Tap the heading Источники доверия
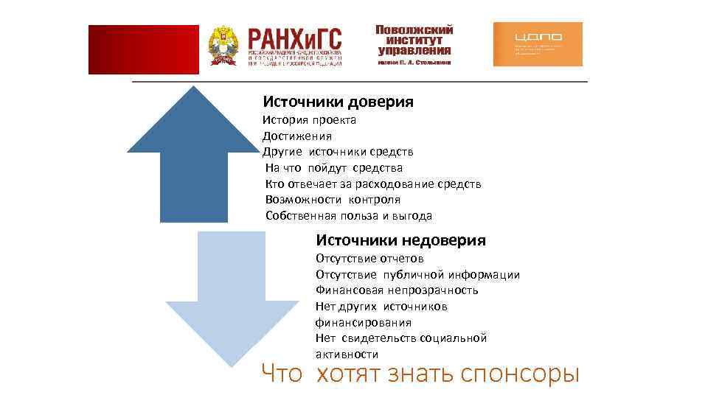(x=338, y=101)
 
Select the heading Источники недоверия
(x=400, y=240)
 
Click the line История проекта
(x=309, y=119)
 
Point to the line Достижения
(x=297, y=136)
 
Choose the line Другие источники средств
(x=338, y=152)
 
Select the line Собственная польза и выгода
(x=348, y=216)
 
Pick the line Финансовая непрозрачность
(x=397, y=290)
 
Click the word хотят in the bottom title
(x=347, y=374)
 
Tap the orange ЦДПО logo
(x=537, y=44)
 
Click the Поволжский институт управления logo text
(x=414, y=41)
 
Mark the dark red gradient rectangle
(x=143, y=49)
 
